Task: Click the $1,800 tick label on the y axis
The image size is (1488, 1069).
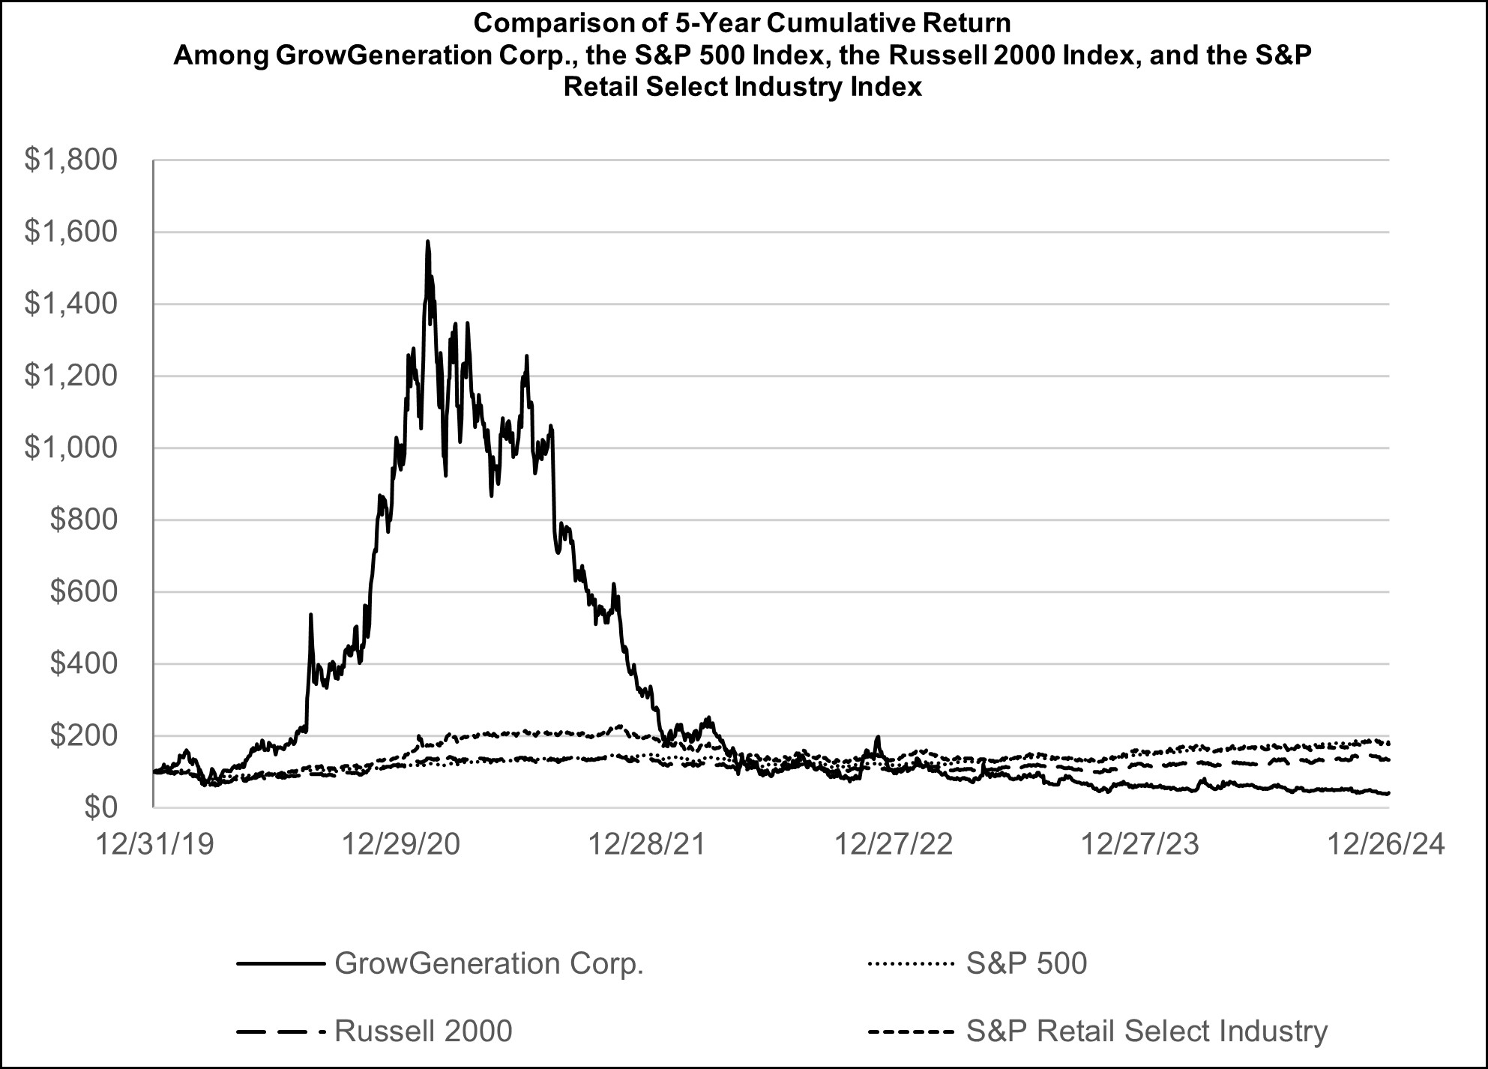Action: (x=70, y=160)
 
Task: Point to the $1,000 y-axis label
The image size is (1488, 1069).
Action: (x=70, y=448)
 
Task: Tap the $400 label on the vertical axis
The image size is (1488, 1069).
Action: (x=83, y=663)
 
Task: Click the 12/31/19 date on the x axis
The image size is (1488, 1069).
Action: (x=155, y=845)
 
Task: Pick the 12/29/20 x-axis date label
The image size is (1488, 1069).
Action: (x=401, y=845)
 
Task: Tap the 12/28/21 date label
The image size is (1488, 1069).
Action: (x=647, y=845)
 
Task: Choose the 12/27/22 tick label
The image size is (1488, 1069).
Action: (x=894, y=845)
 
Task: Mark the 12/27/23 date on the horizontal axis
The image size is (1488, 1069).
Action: (x=1139, y=845)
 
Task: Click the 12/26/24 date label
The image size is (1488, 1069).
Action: (x=1385, y=845)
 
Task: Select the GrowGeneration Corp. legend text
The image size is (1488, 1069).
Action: (x=490, y=963)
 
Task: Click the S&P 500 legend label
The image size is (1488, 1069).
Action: (x=1026, y=963)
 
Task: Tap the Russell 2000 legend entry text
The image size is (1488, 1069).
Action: (x=424, y=1031)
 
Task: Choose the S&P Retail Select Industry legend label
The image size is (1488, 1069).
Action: (x=1147, y=1031)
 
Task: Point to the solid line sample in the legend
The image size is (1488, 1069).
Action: (x=280, y=963)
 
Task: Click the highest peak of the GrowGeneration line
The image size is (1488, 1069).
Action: (x=427, y=242)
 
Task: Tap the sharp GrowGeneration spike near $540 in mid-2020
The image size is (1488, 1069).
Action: (x=310, y=615)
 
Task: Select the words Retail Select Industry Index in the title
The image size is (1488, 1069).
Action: (x=742, y=88)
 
